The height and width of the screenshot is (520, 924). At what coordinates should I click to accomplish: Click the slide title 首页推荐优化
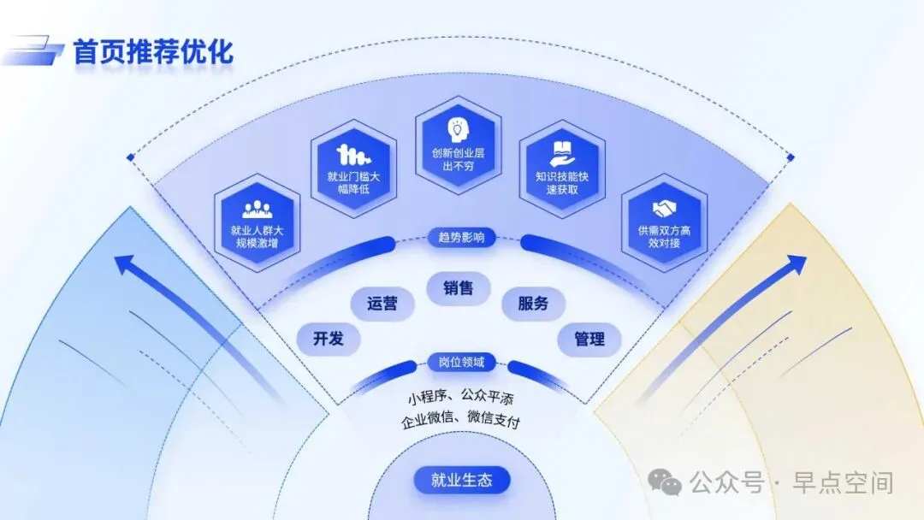(152, 51)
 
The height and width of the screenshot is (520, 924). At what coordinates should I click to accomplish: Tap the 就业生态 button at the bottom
(462, 479)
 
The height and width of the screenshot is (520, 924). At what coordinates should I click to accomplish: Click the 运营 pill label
(382, 303)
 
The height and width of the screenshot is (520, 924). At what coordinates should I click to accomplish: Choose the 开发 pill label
(329, 339)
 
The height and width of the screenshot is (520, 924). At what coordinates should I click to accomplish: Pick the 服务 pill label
(533, 303)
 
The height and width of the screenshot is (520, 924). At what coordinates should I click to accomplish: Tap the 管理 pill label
(589, 339)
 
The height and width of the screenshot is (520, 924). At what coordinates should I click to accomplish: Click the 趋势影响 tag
(461, 237)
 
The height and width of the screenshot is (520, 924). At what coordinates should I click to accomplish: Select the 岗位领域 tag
(461, 362)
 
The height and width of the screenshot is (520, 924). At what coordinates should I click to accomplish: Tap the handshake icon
(664, 209)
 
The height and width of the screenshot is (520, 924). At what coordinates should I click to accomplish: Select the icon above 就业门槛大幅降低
(353, 155)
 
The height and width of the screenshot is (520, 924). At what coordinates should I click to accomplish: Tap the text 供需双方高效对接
(664, 237)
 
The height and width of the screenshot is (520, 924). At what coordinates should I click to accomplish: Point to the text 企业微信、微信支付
(461, 422)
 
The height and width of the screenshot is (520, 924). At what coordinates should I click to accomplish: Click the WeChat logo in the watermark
(665, 483)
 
